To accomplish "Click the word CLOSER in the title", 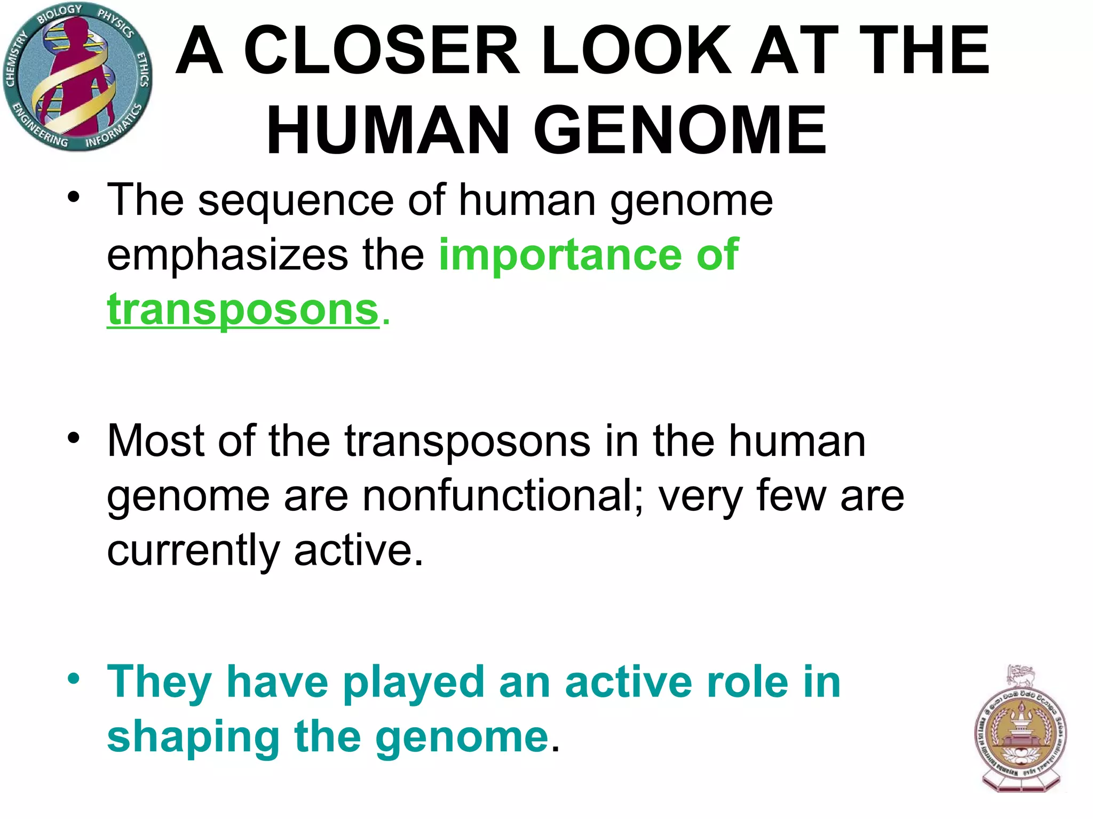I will coord(381,51).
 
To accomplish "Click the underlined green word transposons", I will coord(243,310).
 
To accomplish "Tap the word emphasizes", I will coord(227,255).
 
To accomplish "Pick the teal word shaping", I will coord(193,738).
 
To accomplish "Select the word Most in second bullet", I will coord(155,441).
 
